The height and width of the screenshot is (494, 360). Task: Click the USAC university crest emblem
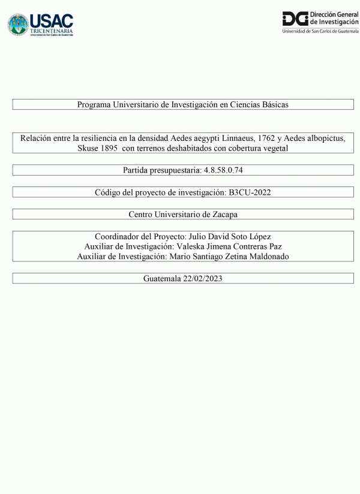click(18, 25)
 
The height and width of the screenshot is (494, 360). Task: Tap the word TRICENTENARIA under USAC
click(52, 31)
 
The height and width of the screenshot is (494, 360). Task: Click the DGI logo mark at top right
click(295, 18)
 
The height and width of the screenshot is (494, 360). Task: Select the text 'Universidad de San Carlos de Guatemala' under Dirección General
click(320, 31)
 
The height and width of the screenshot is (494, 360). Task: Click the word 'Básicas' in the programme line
click(275, 104)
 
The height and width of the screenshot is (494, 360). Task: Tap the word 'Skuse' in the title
click(81, 148)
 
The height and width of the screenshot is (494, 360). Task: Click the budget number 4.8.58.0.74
click(222, 170)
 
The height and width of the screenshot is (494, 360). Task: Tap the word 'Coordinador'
click(118, 236)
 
